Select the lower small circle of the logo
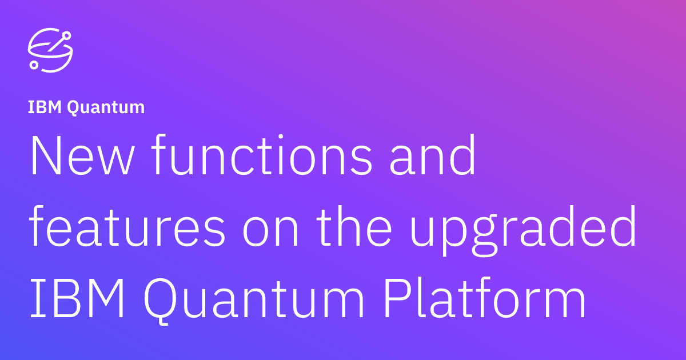34,65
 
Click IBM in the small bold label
45,107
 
